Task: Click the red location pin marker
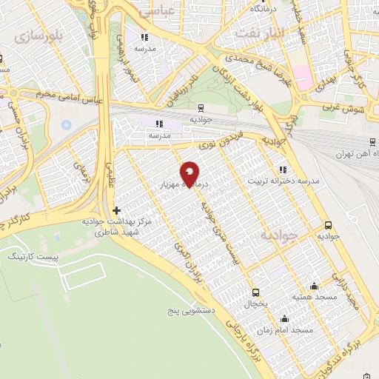[x=189, y=173]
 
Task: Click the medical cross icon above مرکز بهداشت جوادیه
[x=116, y=211]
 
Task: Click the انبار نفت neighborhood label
[x=258, y=33]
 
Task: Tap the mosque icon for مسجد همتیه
[x=314, y=286]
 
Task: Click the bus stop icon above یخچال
[x=255, y=292]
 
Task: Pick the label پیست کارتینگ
[x=26, y=255]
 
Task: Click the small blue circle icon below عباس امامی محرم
[x=66, y=123]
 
